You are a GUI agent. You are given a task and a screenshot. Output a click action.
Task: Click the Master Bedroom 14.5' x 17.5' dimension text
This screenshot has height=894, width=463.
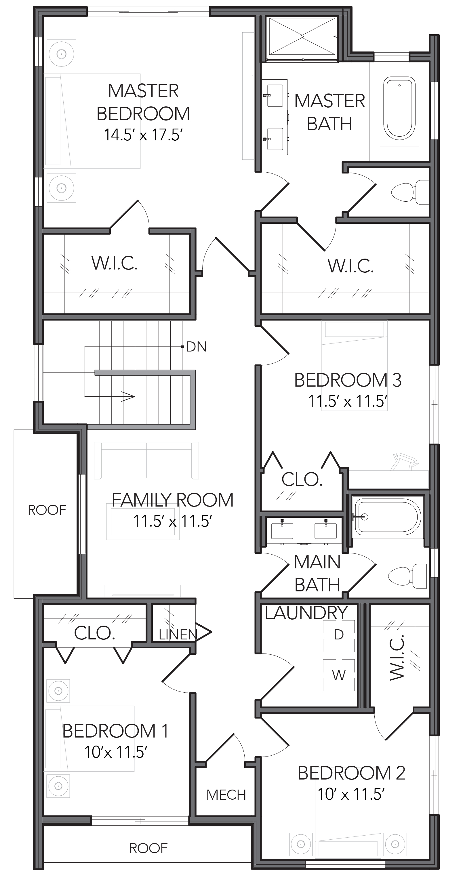click(143, 135)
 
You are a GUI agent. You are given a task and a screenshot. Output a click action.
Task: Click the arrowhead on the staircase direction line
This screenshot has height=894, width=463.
click(128, 396)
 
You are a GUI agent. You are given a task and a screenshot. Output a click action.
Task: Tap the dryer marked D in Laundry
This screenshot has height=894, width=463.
click(339, 635)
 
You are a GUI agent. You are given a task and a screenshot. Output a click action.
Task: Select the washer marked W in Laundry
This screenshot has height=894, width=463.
click(339, 675)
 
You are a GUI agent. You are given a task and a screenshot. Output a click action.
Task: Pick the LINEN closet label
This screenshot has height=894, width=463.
click(178, 635)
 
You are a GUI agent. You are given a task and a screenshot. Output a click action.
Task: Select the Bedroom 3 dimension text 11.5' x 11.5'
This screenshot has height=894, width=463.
click(348, 401)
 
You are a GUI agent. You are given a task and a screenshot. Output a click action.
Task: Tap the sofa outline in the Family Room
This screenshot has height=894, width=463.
click(146, 460)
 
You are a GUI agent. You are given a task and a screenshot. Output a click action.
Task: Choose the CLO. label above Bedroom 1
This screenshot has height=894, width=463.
click(94, 633)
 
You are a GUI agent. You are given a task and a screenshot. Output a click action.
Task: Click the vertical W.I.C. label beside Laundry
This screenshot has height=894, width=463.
click(397, 657)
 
